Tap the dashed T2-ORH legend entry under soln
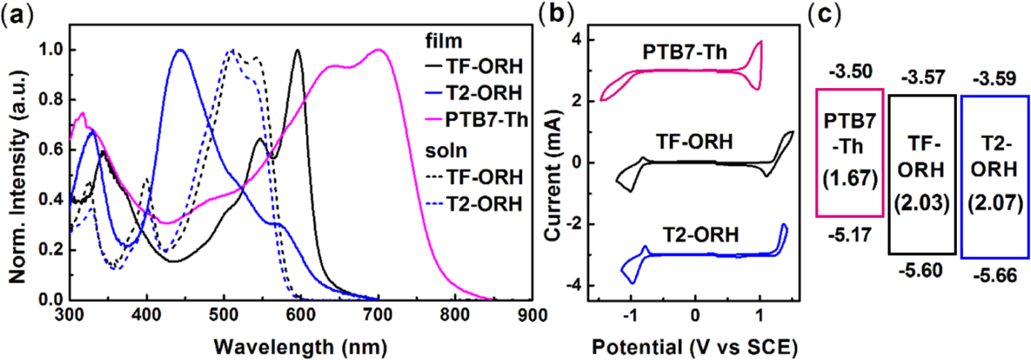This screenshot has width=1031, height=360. [474, 204]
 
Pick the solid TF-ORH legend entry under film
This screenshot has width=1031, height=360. [474, 66]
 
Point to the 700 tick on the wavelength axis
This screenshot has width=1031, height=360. [378, 315]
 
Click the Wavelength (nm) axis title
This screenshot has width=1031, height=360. [301, 347]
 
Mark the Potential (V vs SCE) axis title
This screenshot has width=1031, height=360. [695, 347]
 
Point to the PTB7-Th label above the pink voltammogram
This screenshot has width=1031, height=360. [685, 52]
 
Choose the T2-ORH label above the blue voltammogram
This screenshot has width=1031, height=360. [700, 235]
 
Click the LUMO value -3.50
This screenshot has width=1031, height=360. [850, 71]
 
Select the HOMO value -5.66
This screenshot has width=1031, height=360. [995, 276]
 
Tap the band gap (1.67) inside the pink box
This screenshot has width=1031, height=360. [850, 178]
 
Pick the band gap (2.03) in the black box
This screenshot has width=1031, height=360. [921, 203]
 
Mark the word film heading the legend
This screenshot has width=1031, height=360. [444, 42]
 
